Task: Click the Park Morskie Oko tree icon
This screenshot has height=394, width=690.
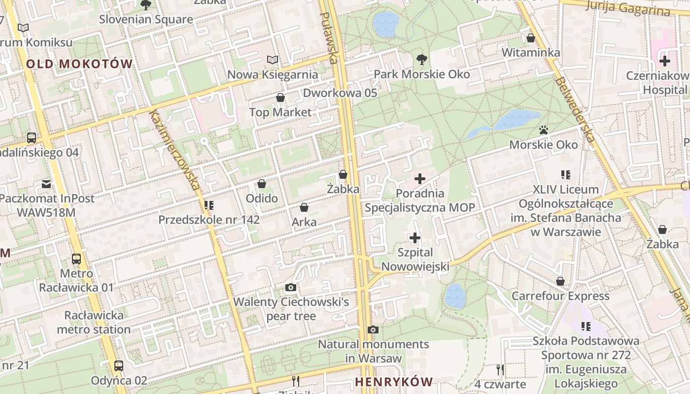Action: click(421, 60)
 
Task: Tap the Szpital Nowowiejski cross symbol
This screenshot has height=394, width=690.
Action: click(415, 238)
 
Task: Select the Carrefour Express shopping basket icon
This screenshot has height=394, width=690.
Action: click(560, 281)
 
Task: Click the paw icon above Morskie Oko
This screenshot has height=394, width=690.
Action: click(544, 130)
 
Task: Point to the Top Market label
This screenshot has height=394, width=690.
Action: click(280, 112)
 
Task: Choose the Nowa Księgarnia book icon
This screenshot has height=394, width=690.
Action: click(273, 60)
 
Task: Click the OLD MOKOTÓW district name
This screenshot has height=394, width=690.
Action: click(79, 64)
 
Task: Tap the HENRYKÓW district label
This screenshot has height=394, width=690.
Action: click(393, 382)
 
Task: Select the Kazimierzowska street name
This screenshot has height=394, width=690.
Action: click(175, 150)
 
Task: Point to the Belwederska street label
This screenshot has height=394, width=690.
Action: click(575, 109)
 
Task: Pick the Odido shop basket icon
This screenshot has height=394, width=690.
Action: click(262, 184)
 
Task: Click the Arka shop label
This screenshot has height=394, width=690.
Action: click(304, 222)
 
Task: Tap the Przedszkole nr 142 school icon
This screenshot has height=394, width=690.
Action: click(209, 205)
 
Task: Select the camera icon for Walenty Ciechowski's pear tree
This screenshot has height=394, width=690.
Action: click(291, 287)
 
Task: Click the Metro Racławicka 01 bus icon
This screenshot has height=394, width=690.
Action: click(76, 259)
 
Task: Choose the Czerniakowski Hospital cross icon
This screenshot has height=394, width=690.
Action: click(665, 62)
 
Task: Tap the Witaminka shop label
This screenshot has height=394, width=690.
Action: click(530, 53)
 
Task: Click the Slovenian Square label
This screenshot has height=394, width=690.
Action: click(146, 20)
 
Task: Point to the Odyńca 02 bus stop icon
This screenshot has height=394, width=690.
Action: click(119, 365)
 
